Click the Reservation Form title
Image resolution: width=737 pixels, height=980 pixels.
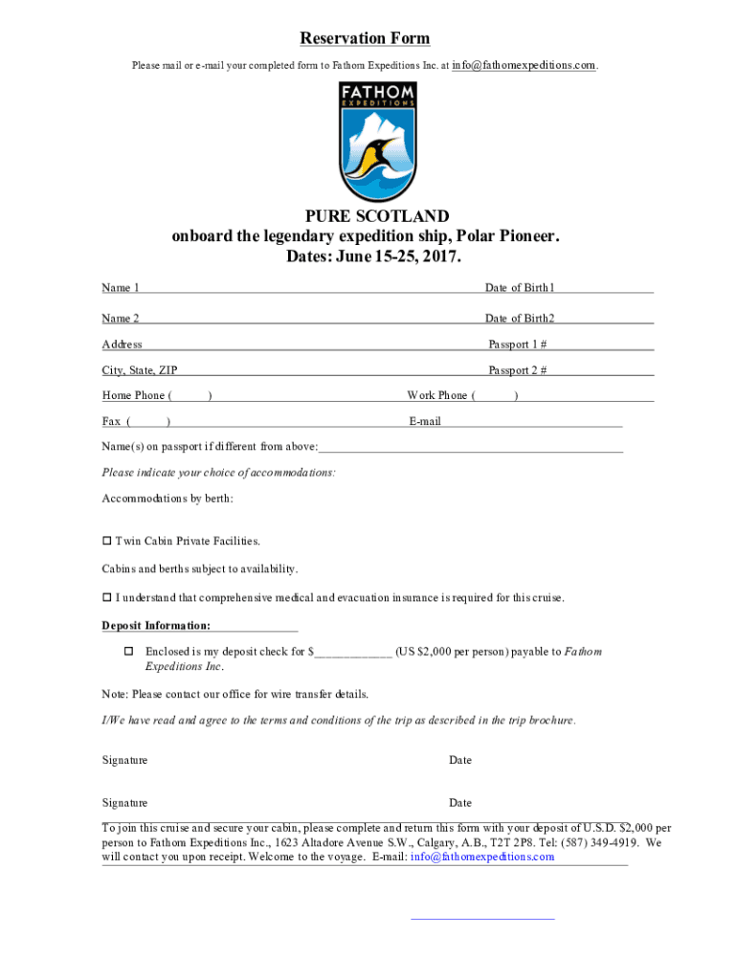click(x=365, y=38)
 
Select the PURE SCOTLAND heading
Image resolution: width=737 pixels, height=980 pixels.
click(x=365, y=216)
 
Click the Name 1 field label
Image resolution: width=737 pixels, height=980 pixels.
click(x=121, y=288)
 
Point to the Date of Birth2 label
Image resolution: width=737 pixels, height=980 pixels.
click(x=520, y=319)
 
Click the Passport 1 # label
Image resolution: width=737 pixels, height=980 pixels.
click(x=518, y=345)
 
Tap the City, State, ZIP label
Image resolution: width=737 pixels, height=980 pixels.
click(x=140, y=370)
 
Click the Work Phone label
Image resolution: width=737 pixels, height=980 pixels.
click(x=437, y=395)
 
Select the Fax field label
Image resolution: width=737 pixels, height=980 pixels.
click(x=111, y=421)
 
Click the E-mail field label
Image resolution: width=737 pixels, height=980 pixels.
click(x=425, y=421)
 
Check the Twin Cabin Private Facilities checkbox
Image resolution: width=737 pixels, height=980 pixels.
click(x=107, y=542)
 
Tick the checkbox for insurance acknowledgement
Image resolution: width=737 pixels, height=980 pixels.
click(x=107, y=598)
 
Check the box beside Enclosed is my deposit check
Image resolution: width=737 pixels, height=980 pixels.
click(x=127, y=652)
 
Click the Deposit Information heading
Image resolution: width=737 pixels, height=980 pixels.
click(x=157, y=626)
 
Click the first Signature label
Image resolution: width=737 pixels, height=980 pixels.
click(x=124, y=760)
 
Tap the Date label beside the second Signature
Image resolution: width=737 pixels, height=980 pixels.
click(x=460, y=803)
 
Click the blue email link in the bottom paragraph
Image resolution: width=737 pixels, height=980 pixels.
click(x=482, y=857)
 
